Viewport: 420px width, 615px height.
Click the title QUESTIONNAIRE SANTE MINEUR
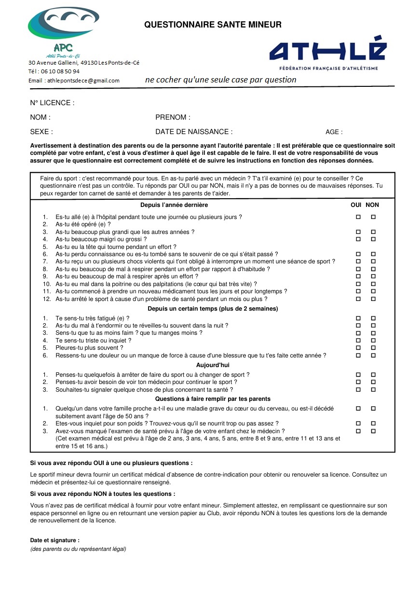click(213, 25)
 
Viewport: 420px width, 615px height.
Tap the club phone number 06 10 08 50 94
click(61, 71)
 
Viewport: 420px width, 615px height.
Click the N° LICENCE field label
click(52, 103)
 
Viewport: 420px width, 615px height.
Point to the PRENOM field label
click(173, 117)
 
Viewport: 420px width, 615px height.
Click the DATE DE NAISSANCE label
click(194, 132)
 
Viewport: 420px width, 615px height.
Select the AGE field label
click(334, 132)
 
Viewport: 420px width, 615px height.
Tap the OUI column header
click(356, 205)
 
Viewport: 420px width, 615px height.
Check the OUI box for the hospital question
click(358, 217)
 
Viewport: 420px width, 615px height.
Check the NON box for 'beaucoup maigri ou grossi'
click(373, 239)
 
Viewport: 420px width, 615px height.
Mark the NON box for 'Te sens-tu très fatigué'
click(373, 318)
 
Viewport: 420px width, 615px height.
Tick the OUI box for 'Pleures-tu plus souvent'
click(358, 348)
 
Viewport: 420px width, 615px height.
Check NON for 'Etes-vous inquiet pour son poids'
click(373, 424)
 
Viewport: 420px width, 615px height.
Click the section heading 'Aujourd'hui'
click(213, 365)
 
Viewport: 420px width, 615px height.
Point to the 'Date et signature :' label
click(54, 540)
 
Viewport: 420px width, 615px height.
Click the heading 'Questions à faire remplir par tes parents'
click(213, 399)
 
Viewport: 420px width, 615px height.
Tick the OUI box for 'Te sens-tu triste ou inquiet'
click(358, 341)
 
